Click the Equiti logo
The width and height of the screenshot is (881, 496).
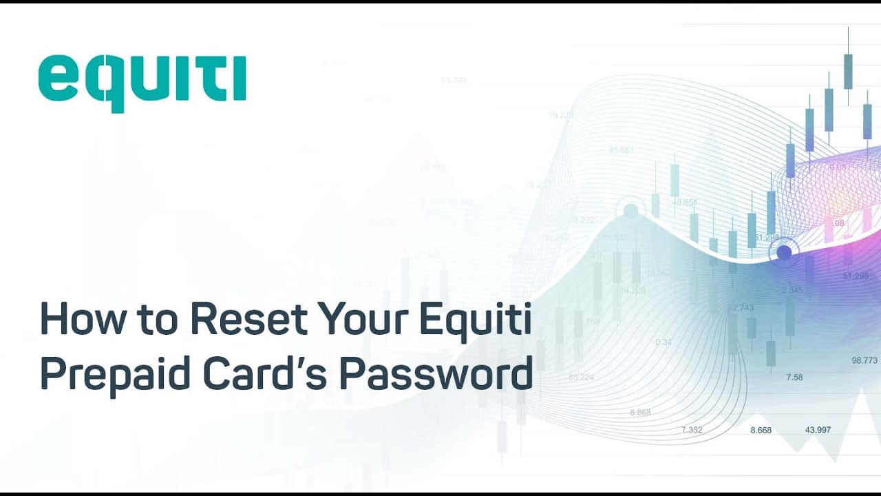(x=142, y=82)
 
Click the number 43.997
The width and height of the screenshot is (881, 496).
(x=818, y=430)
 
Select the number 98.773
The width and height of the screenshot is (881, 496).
(x=864, y=360)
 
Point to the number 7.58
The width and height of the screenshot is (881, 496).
(x=794, y=378)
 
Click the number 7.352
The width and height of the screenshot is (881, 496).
(x=692, y=430)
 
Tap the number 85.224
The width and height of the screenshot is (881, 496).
(x=581, y=377)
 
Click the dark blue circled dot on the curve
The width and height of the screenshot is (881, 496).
(x=783, y=253)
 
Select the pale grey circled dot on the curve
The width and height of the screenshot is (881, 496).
(x=630, y=211)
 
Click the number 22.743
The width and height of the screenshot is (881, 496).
(x=741, y=307)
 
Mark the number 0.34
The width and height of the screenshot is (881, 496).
(x=664, y=342)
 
